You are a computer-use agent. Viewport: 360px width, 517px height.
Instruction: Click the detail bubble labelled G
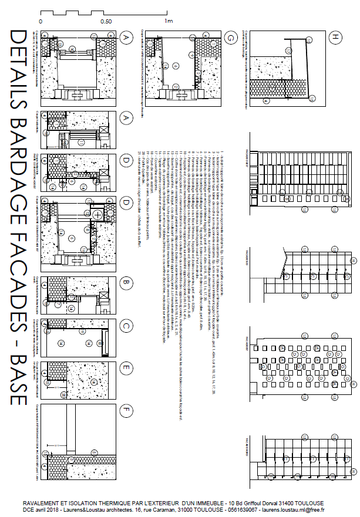point(230,38)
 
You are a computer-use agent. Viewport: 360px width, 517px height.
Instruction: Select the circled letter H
point(335,38)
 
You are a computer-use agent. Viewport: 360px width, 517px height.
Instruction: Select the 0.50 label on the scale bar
point(106,21)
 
